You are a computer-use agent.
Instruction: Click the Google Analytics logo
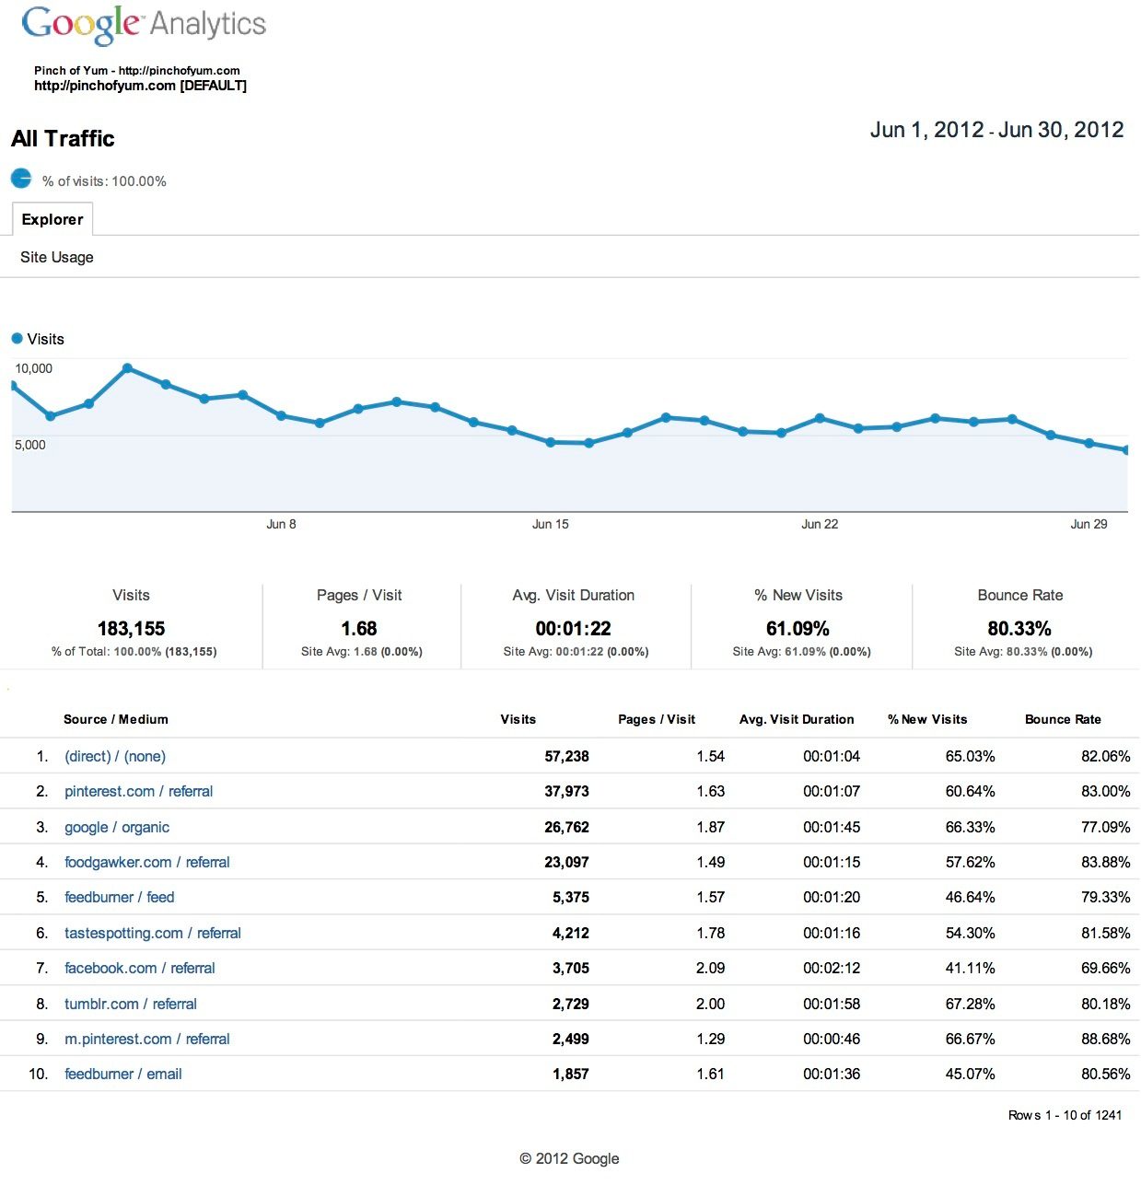coord(144,25)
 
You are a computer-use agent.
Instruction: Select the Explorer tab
coord(52,219)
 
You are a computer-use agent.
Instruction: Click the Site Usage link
coord(57,257)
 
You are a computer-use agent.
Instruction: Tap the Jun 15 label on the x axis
coord(550,524)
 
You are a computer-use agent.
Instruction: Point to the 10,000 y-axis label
coord(34,368)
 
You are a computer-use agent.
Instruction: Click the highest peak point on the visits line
coord(127,368)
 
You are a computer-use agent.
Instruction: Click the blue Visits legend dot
coord(17,339)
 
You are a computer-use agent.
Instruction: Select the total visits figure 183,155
coord(131,628)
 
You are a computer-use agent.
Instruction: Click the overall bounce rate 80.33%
coord(1019,628)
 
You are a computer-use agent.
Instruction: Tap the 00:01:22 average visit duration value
coord(573,628)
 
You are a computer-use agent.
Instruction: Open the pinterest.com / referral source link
coord(138,791)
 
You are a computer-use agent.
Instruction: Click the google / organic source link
coord(117,827)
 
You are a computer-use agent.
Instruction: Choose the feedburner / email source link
coord(123,1074)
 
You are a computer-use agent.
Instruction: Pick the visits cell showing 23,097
coord(566,862)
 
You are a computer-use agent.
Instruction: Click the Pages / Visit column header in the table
coord(656,719)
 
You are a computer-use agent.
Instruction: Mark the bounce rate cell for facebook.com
coord(1105,968)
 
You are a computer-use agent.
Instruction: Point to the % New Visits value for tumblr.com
coord(970,1004)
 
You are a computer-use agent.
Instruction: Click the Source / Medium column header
coord(116,719)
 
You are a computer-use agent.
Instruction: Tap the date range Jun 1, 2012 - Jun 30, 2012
coord(996,130)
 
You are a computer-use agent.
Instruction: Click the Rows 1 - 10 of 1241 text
coord(1065,1115)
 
